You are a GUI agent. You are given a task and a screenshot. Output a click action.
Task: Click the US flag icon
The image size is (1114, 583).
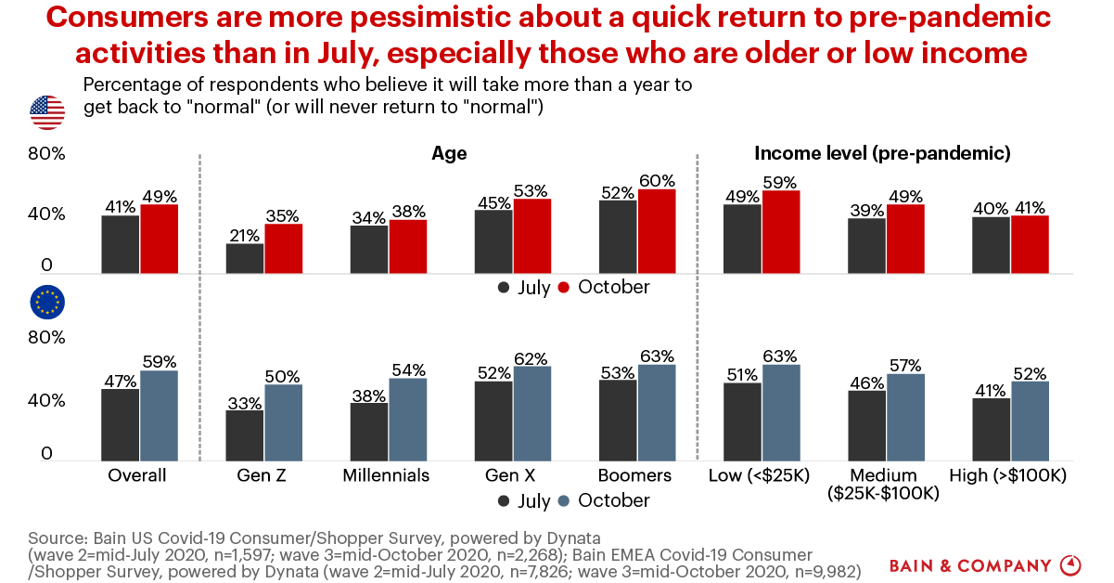pos(47,112)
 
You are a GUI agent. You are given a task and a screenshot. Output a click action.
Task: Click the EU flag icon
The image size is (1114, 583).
pos(47,302)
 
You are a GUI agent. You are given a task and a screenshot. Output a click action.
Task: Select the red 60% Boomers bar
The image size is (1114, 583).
pos(657,231)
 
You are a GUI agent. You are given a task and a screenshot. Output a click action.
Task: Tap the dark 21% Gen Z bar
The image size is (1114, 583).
pos(245,258)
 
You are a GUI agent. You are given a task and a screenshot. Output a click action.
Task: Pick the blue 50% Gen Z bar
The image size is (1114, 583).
pos(284,422)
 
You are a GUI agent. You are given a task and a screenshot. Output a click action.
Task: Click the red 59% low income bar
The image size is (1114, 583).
pos(781,232)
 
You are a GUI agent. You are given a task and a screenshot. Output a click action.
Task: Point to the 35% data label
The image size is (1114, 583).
pos(283,216)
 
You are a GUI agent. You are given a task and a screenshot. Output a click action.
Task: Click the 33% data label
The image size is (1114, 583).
pos(245,403)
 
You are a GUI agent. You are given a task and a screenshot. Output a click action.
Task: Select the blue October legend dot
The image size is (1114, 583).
pos(563,501)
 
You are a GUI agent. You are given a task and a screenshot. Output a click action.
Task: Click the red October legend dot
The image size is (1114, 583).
pos(563,287)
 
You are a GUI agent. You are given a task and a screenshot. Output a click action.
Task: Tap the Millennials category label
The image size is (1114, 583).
pos(386,475)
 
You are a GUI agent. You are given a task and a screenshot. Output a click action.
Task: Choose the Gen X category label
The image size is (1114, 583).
pos(510,475)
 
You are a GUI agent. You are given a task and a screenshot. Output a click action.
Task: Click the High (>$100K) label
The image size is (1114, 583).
pos(1008,475)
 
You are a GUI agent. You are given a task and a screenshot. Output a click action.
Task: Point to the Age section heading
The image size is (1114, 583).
pos(449,154)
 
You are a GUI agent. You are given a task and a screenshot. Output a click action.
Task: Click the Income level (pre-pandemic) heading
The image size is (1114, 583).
pos(883,153)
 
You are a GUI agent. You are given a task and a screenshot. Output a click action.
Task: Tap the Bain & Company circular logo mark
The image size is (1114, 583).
pos(1070,565)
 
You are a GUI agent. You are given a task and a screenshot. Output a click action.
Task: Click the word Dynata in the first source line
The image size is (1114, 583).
pos(573,538)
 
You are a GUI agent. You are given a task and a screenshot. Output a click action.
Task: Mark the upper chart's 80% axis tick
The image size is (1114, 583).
pos(46,153)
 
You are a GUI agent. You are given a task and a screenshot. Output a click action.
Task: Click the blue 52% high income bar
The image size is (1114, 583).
pos(1030,421)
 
